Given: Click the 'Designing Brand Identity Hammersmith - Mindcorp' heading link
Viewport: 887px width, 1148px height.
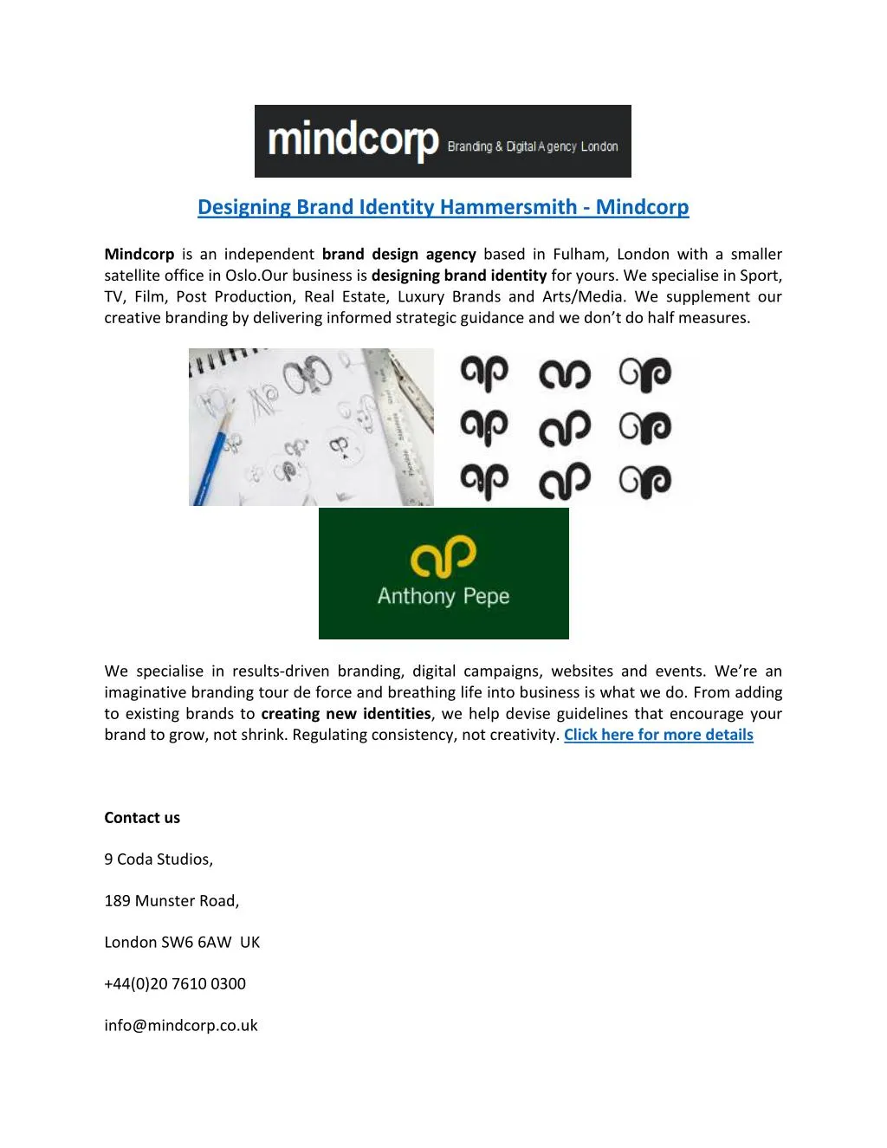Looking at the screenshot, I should pyautogui.click(x=443, y=207).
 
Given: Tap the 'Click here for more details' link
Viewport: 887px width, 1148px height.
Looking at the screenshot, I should pyautogui.click(x=658, y=735).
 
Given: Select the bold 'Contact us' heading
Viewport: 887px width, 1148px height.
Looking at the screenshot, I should pyautogui.click(x=142, y=817).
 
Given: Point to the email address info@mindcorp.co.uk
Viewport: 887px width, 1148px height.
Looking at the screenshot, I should pyautogui.click(x=181, y=1025).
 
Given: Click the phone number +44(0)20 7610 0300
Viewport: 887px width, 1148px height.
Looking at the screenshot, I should pyautogui.click(x=175, y=983).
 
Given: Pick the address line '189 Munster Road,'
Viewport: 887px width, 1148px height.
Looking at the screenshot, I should pyautogui.click(x=172, y=900).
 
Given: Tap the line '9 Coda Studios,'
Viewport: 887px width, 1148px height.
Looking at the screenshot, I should pyautogui.click(x=159, y=859).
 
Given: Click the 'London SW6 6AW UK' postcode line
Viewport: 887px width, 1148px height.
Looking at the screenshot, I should pyautogui.click(x=182, y=942).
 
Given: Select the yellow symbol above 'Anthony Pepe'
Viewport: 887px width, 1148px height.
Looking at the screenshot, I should pyautogui.click(x=443, y=556).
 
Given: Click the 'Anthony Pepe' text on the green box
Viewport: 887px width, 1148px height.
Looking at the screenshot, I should pyautogui.click(x=443, y=596).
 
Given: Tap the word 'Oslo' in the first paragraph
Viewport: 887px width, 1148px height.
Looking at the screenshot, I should pyautogui.click(x=243, y=276).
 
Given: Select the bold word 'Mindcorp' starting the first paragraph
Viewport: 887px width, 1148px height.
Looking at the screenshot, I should pyautogui.click(x=139, y=254).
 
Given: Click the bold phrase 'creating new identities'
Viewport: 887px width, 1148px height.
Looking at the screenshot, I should pyautogui.click(x=346, y=714).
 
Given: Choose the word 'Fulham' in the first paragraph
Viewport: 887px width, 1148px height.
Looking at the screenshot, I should pyautogui.click(x=580, y=254).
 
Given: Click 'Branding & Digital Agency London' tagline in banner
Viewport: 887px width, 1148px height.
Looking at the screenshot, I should pyautogui.click(x=533, y=146).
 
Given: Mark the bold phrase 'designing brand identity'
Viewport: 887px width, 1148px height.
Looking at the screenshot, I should pyautogui.click(x=459, y=276).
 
